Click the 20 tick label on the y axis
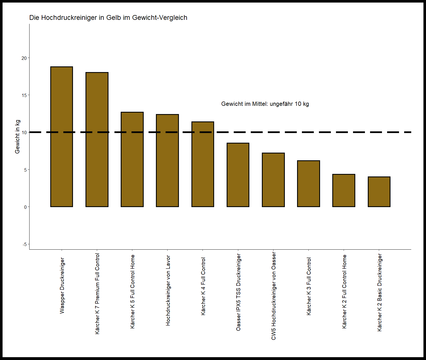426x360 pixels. coord(24,58)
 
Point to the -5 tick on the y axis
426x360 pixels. coord(25,244)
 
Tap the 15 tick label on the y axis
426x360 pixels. coord(24,95)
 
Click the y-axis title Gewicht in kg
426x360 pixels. coord(17,137)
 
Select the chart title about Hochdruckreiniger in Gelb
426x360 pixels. coord(108,18)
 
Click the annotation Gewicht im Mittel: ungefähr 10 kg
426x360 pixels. coord(265,104)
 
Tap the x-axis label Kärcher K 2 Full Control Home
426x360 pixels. coord(344,291)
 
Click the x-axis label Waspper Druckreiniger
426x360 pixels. coord(62,285)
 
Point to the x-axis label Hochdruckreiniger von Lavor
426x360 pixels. coord(168,290)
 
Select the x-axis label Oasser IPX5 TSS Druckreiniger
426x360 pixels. coord(238,292)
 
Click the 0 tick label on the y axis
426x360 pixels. coord(26,207)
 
